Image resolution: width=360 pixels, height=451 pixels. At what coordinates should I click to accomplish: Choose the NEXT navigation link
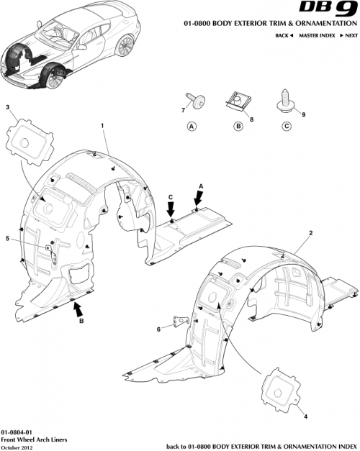tap(348, 35)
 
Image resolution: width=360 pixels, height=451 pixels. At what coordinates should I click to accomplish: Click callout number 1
tap(103, 126)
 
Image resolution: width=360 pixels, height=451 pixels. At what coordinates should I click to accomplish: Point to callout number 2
tap(310, 233)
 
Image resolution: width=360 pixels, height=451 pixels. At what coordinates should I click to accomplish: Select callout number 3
tap(8, 108)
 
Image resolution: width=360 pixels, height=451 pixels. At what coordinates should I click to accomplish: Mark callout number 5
tap(8, 239)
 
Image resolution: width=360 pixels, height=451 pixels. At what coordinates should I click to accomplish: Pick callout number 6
tap(158, 329)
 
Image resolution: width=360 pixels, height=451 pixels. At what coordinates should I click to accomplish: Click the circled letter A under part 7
tap(192, 127)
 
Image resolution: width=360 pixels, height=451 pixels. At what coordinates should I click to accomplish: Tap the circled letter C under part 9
tap(286, 127)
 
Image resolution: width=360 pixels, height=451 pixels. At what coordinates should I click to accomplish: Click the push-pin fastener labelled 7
tap(197, 99)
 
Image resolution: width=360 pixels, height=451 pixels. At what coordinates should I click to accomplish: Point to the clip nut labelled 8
tap(237, 99)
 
